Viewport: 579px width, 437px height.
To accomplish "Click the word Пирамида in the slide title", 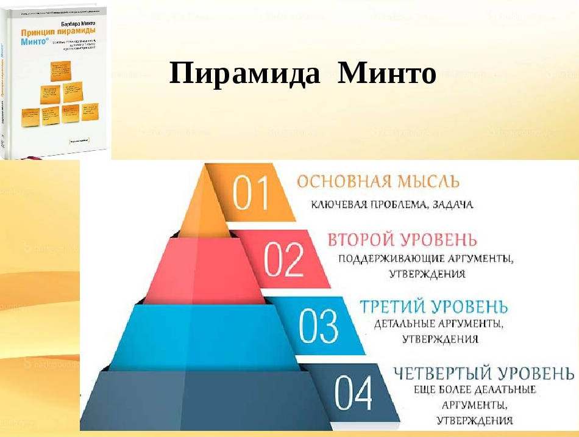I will click(x=245, y=74).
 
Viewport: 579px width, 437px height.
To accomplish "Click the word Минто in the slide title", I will click(x=388, y=74).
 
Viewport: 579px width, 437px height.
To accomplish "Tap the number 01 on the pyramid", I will click(x=251, y=195).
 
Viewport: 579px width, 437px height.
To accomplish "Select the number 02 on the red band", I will click(x=283, y=259).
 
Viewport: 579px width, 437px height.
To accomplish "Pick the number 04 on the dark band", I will click(x=353, y=394).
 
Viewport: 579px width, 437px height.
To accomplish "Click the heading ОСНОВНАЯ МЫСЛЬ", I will click(x=378, y=182).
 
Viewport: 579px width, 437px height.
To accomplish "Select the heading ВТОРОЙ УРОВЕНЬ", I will click(x=402, y=239).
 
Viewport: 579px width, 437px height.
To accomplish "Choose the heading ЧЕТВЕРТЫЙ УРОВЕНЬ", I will click(x=483, y=372).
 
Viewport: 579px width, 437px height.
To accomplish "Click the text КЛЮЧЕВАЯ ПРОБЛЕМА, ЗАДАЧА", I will click(x=393, y=205).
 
